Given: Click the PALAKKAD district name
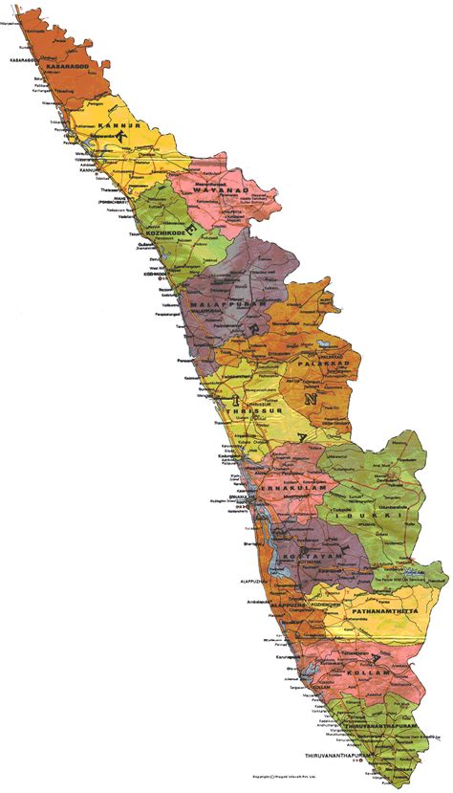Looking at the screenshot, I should (326, 364).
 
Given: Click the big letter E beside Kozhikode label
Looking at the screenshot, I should (198, 232).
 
